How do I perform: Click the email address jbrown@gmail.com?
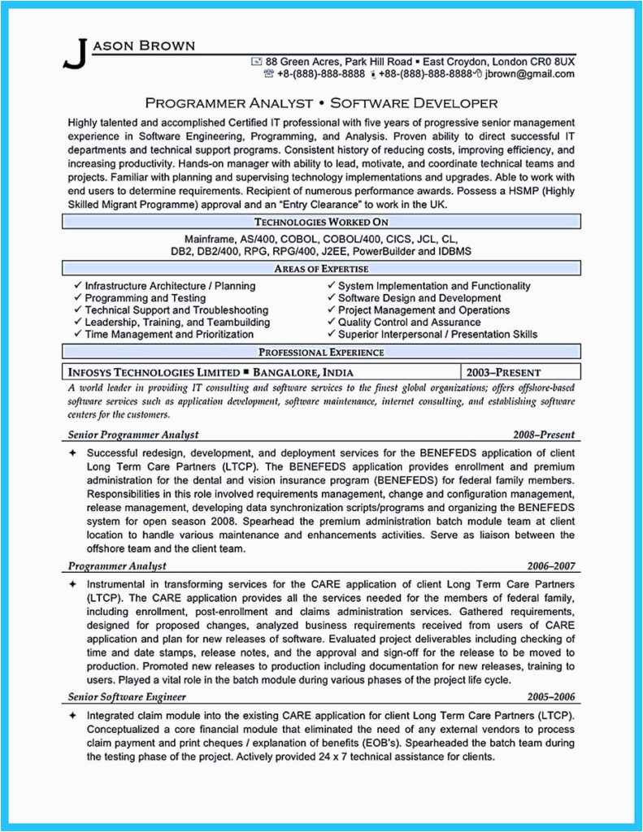(530, 74)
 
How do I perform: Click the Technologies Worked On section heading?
(321, 221)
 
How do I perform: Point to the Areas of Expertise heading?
(321, 269)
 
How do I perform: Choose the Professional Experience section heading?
(321, 352)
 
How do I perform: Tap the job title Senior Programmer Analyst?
(133, 435)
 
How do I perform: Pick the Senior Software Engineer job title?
(128, 697)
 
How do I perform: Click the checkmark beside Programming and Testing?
(77, 298)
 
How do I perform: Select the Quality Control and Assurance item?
(409, 322)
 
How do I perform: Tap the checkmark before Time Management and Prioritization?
(77, 334)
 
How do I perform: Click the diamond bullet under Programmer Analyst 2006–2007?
(73, 585)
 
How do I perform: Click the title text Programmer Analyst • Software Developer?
(321, 103)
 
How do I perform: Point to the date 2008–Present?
(544, 435)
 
